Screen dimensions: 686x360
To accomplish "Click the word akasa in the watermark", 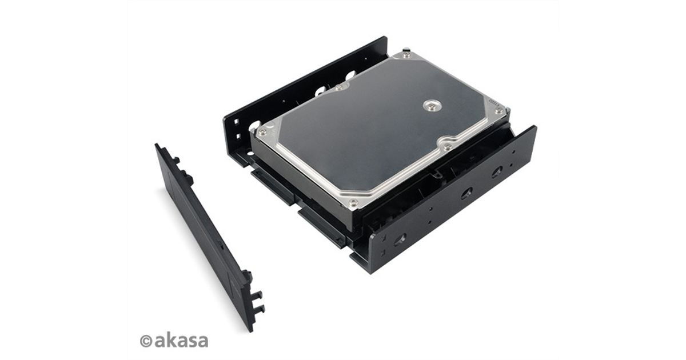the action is click(181, 341).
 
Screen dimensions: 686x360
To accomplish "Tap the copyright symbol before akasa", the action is click(146, 341).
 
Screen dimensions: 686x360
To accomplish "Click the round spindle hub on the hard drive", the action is click(432, 105).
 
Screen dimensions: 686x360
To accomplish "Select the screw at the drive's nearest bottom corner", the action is click(353, 202).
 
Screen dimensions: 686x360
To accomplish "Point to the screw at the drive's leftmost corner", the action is click(262, 132).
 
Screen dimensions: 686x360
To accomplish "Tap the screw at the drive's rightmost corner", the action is click(499, 110).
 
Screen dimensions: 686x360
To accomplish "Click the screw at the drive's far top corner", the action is click(406, 55).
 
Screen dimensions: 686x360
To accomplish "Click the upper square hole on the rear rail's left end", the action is click(236, 122).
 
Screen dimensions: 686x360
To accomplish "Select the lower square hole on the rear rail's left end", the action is click(237, 135).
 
